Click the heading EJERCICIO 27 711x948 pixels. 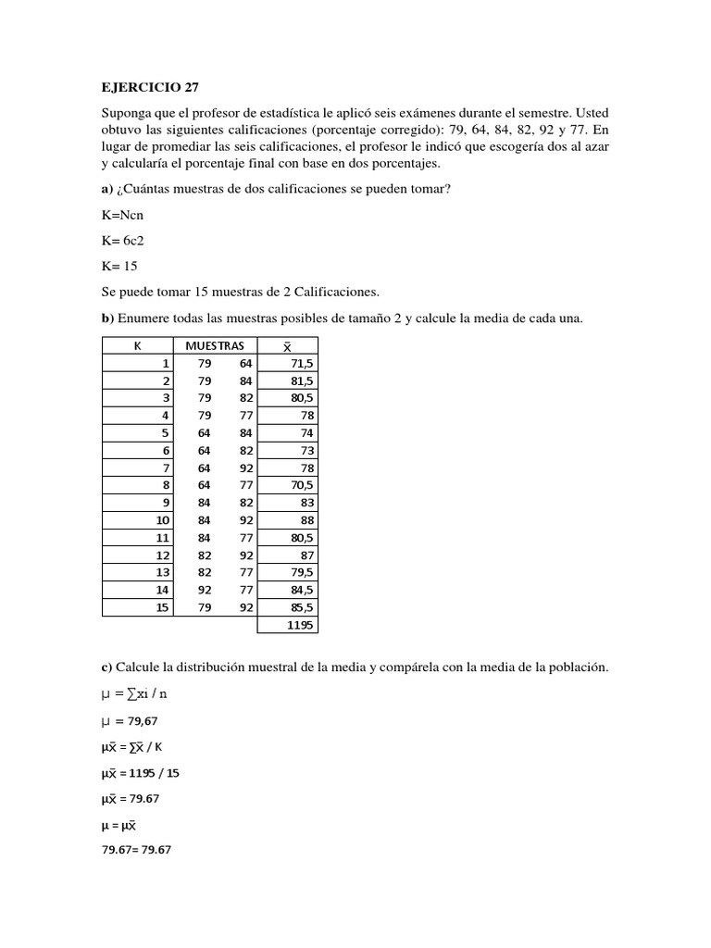149,89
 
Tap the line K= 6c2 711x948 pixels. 122,241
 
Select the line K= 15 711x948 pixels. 119,267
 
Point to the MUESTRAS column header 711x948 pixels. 215,345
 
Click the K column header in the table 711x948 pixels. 137,345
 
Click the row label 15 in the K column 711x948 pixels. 163,607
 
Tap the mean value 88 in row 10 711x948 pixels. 306,520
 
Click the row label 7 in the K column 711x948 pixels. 167,468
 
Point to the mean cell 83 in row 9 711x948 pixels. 306,503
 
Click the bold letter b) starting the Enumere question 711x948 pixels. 107,318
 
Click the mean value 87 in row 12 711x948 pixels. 306,555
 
